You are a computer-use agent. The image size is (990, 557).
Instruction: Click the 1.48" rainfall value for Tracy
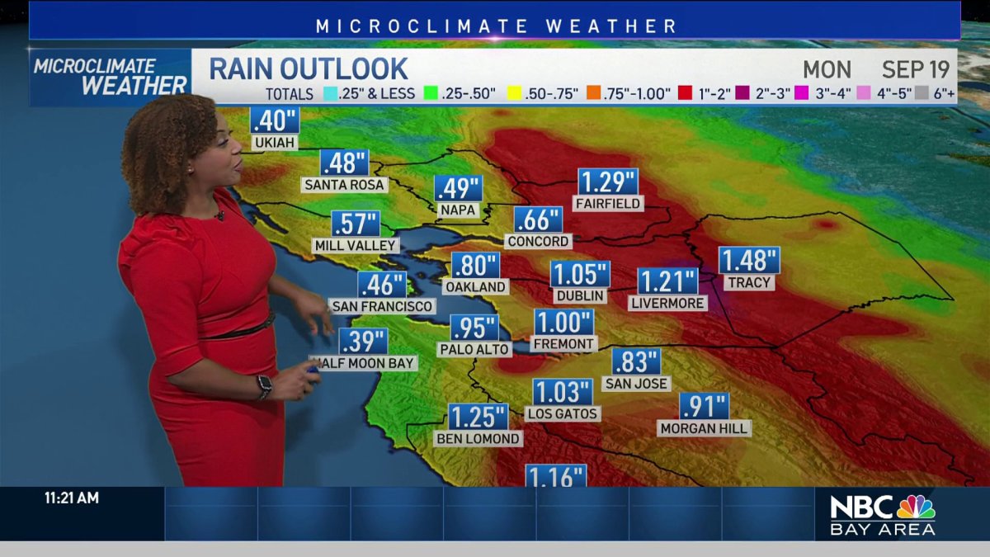tap(749, 260)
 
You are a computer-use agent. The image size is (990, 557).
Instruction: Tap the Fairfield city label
tap(609, 203)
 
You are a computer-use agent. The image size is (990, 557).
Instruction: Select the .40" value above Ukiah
tap(274, 120)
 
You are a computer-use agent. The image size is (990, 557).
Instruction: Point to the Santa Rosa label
tap(344, 185)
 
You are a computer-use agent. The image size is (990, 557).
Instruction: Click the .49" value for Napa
tap(458, 189)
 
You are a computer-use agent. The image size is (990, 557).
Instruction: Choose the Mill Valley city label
tap(356, 245)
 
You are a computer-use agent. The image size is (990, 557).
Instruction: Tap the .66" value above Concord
tap(538, 220)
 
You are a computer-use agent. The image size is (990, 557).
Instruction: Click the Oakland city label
tap(474, 286)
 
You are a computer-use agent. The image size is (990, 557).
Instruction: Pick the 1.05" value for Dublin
tap(580, 274)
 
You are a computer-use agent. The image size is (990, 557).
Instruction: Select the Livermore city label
tap(667, 303)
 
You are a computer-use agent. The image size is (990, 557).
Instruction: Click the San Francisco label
tap(381, 306)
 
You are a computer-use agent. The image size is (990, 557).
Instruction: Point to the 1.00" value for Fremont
tap(563, 322)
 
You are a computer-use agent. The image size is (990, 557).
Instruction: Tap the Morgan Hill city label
tap(704, 428)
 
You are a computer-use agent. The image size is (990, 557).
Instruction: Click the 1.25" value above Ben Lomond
tap(478, 418)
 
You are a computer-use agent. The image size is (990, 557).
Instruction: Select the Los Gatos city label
tap(563, 413)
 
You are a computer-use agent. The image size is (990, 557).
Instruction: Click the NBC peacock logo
tap(916, 506)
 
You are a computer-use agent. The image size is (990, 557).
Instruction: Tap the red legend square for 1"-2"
tap(686, 93)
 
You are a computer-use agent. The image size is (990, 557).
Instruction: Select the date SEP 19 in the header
tap(916, 68)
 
